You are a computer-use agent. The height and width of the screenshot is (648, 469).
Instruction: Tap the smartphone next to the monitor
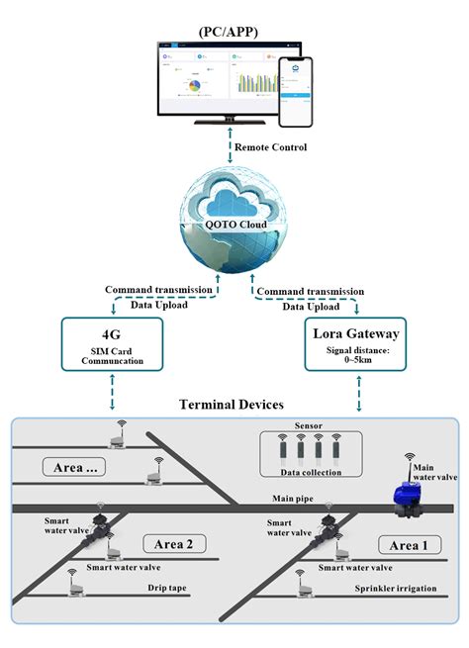(294, 90)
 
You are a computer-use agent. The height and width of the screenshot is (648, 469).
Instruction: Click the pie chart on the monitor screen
(196, 84)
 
